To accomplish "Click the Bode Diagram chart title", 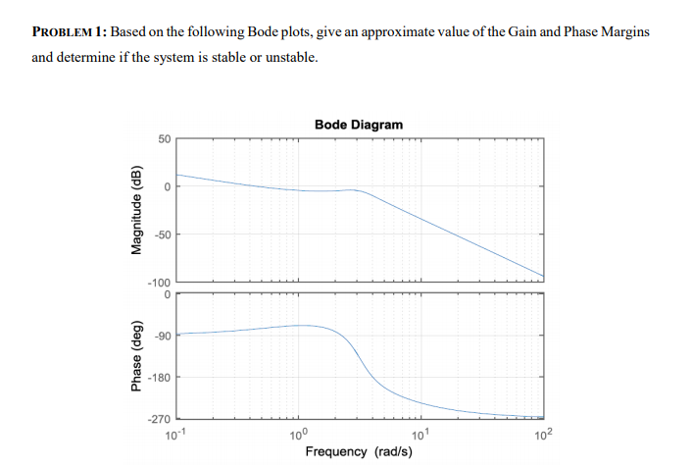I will (359, 125).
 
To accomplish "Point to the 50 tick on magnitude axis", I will (166, 140).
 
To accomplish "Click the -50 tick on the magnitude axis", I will (163, 234).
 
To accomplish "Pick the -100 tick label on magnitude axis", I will (160, 281).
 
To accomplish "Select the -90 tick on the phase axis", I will (163, 336).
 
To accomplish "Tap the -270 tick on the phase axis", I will (160, 420).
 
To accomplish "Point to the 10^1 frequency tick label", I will (421, 435).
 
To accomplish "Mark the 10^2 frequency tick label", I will (543, 435).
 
